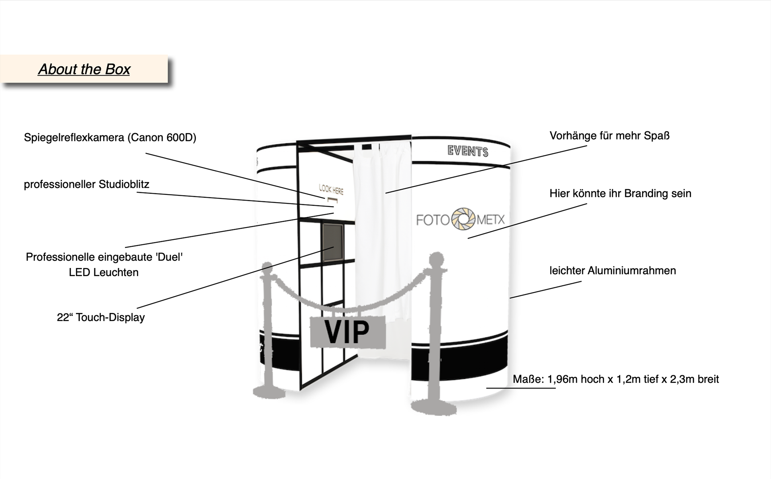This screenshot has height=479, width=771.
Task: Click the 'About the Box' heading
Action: pos(84,69)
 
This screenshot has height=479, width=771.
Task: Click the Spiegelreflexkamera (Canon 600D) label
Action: pos(110,138)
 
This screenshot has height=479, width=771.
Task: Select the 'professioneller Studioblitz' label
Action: pos(86,184)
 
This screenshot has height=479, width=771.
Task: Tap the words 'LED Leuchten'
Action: pos(104,272)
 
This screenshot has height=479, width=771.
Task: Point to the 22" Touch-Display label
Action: pos(100,317)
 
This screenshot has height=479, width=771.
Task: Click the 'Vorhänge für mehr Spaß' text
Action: pos(609,136)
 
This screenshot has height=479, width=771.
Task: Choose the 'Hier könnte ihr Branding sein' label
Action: pos(620,194)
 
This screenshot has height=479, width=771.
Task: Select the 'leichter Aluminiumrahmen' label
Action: pos(612,271)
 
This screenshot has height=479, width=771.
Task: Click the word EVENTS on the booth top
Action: pos(468,151)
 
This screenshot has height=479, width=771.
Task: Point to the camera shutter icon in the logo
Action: pos(464,219)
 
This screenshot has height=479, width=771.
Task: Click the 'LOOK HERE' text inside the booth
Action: pos(331,189)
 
